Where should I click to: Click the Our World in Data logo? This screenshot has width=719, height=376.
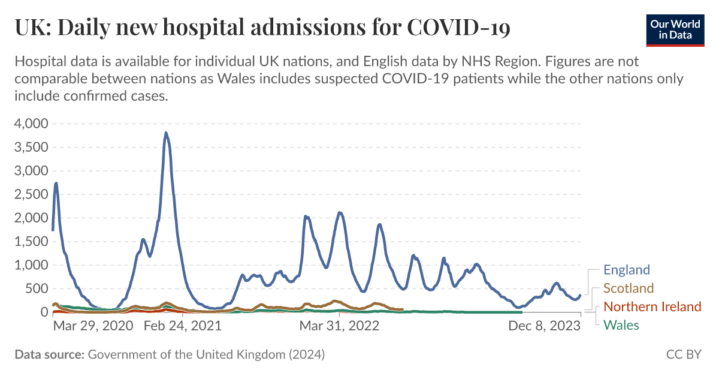pyautogui.click(x=675, y=28)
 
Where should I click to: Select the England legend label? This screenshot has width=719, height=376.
pyautogui.click(x=626, y=270)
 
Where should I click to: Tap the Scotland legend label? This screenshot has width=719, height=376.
pyautogui.click(x=629, y=288)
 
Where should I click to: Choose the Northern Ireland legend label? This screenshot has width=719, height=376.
pyautogui.click(x=652, y=307)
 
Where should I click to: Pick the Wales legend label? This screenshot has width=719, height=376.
pyautogui.click(x=621, y=326)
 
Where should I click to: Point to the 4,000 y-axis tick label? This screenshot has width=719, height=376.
pyautogui.click(x=31, y=124)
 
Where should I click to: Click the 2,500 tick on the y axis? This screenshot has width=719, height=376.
pyautogui.click(x=31, y=194)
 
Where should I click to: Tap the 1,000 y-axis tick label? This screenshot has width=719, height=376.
pyautogui.click(x=31, y=265)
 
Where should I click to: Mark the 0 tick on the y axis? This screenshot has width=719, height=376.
pyautogui.click(x=44, y=312)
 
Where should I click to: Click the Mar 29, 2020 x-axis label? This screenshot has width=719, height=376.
pyautogui.click(x=93, y=326)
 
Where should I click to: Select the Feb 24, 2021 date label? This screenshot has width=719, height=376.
pyautogui.click(x=183, y=326)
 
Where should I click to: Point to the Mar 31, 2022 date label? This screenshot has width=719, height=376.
pyautogui.click(x=339, y=326)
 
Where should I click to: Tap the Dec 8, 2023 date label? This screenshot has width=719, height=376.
pyautogui.click(x=545, y=326)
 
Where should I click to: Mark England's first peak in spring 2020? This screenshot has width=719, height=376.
pyautogui.click(x=56, y=184)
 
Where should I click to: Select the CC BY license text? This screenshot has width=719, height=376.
pyautogui.click(x=684, y=354)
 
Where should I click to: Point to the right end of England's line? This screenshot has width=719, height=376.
pyautogui.click(x=580, y=295)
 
